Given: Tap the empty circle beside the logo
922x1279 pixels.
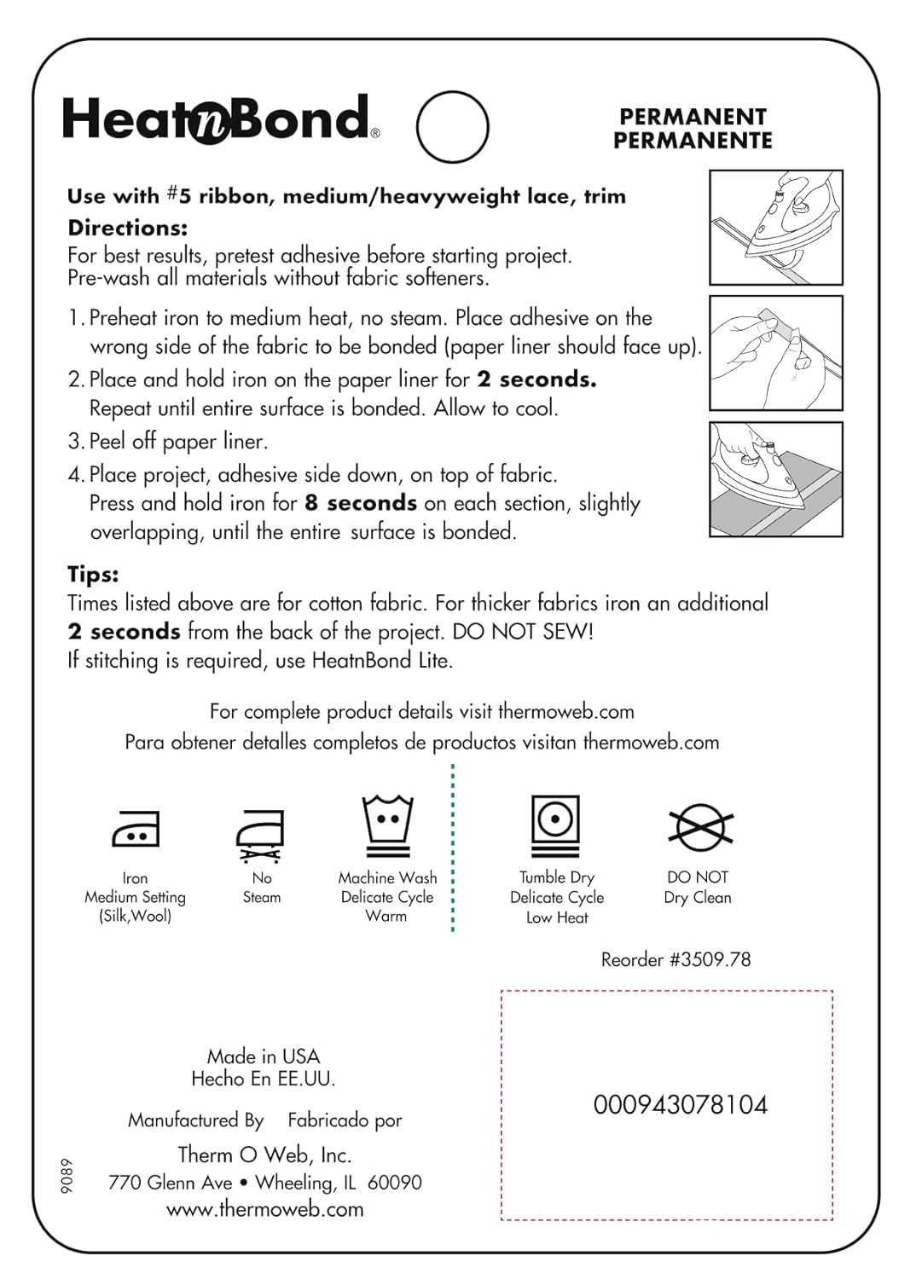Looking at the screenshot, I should coord(452,127).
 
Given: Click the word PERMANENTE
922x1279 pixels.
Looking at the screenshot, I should coord(693,141).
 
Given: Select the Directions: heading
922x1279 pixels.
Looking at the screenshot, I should coord(127,228).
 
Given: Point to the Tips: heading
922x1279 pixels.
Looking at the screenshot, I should coord(93,574).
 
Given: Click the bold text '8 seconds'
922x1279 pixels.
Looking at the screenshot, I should coord(361,503).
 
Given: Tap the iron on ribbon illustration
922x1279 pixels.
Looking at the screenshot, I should coord(775,228).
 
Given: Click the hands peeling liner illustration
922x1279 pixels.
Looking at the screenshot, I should coord(775,353).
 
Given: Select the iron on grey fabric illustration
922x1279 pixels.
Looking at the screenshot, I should coord(775,479).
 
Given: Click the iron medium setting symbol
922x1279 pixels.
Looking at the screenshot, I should coord(136,828).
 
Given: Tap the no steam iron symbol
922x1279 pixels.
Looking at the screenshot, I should coord(260,834).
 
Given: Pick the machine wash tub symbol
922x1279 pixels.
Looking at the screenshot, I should coord(387,825).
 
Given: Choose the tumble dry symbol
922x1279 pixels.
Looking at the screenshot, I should coord(555,825).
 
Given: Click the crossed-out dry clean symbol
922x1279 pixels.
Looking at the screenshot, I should coord(699,826).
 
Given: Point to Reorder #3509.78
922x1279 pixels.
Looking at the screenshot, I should coord(676,959).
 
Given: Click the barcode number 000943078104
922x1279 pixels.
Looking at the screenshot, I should coord(680,1105).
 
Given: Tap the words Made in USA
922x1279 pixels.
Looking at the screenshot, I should coord(263,1056).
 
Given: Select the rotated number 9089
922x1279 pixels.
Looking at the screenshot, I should coord(67,1176).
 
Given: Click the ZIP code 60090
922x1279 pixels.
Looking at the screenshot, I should coord(394,1183).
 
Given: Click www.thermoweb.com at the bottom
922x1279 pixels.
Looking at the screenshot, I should coord(264,1209).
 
